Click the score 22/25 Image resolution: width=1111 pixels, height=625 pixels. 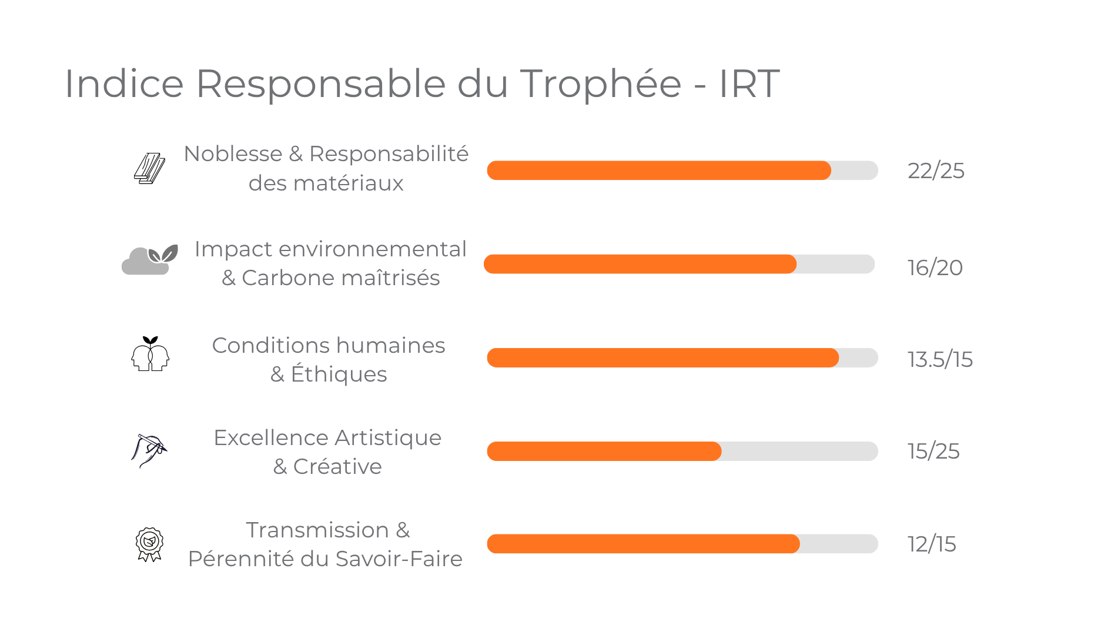pos(935,171)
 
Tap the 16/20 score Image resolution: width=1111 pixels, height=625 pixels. pos(935,268)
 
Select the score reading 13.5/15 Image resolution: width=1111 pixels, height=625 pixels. pos(939,359)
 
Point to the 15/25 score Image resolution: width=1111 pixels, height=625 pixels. pos(933,452)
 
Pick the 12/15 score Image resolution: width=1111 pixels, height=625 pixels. pos(931,544)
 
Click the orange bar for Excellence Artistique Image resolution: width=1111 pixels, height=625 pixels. pos(604,452)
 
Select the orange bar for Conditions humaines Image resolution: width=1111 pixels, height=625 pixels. pos(662,358)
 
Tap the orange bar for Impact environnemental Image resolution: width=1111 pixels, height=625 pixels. pos(640,265)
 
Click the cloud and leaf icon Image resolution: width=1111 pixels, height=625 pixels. pos(149,259)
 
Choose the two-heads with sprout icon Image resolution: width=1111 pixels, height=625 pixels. pos(150,354)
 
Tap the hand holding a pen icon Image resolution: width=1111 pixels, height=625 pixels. pos(149,450)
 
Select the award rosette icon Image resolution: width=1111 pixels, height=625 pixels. pos(149,544)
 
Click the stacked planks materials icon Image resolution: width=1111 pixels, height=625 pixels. pos(149,169)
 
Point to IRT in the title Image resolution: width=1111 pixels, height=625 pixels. pos(749,83)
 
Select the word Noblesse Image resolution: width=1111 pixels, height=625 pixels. pos(233,154)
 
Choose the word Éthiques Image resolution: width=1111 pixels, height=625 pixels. pos(339,375)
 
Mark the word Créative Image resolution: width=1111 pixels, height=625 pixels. pos(337,467)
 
